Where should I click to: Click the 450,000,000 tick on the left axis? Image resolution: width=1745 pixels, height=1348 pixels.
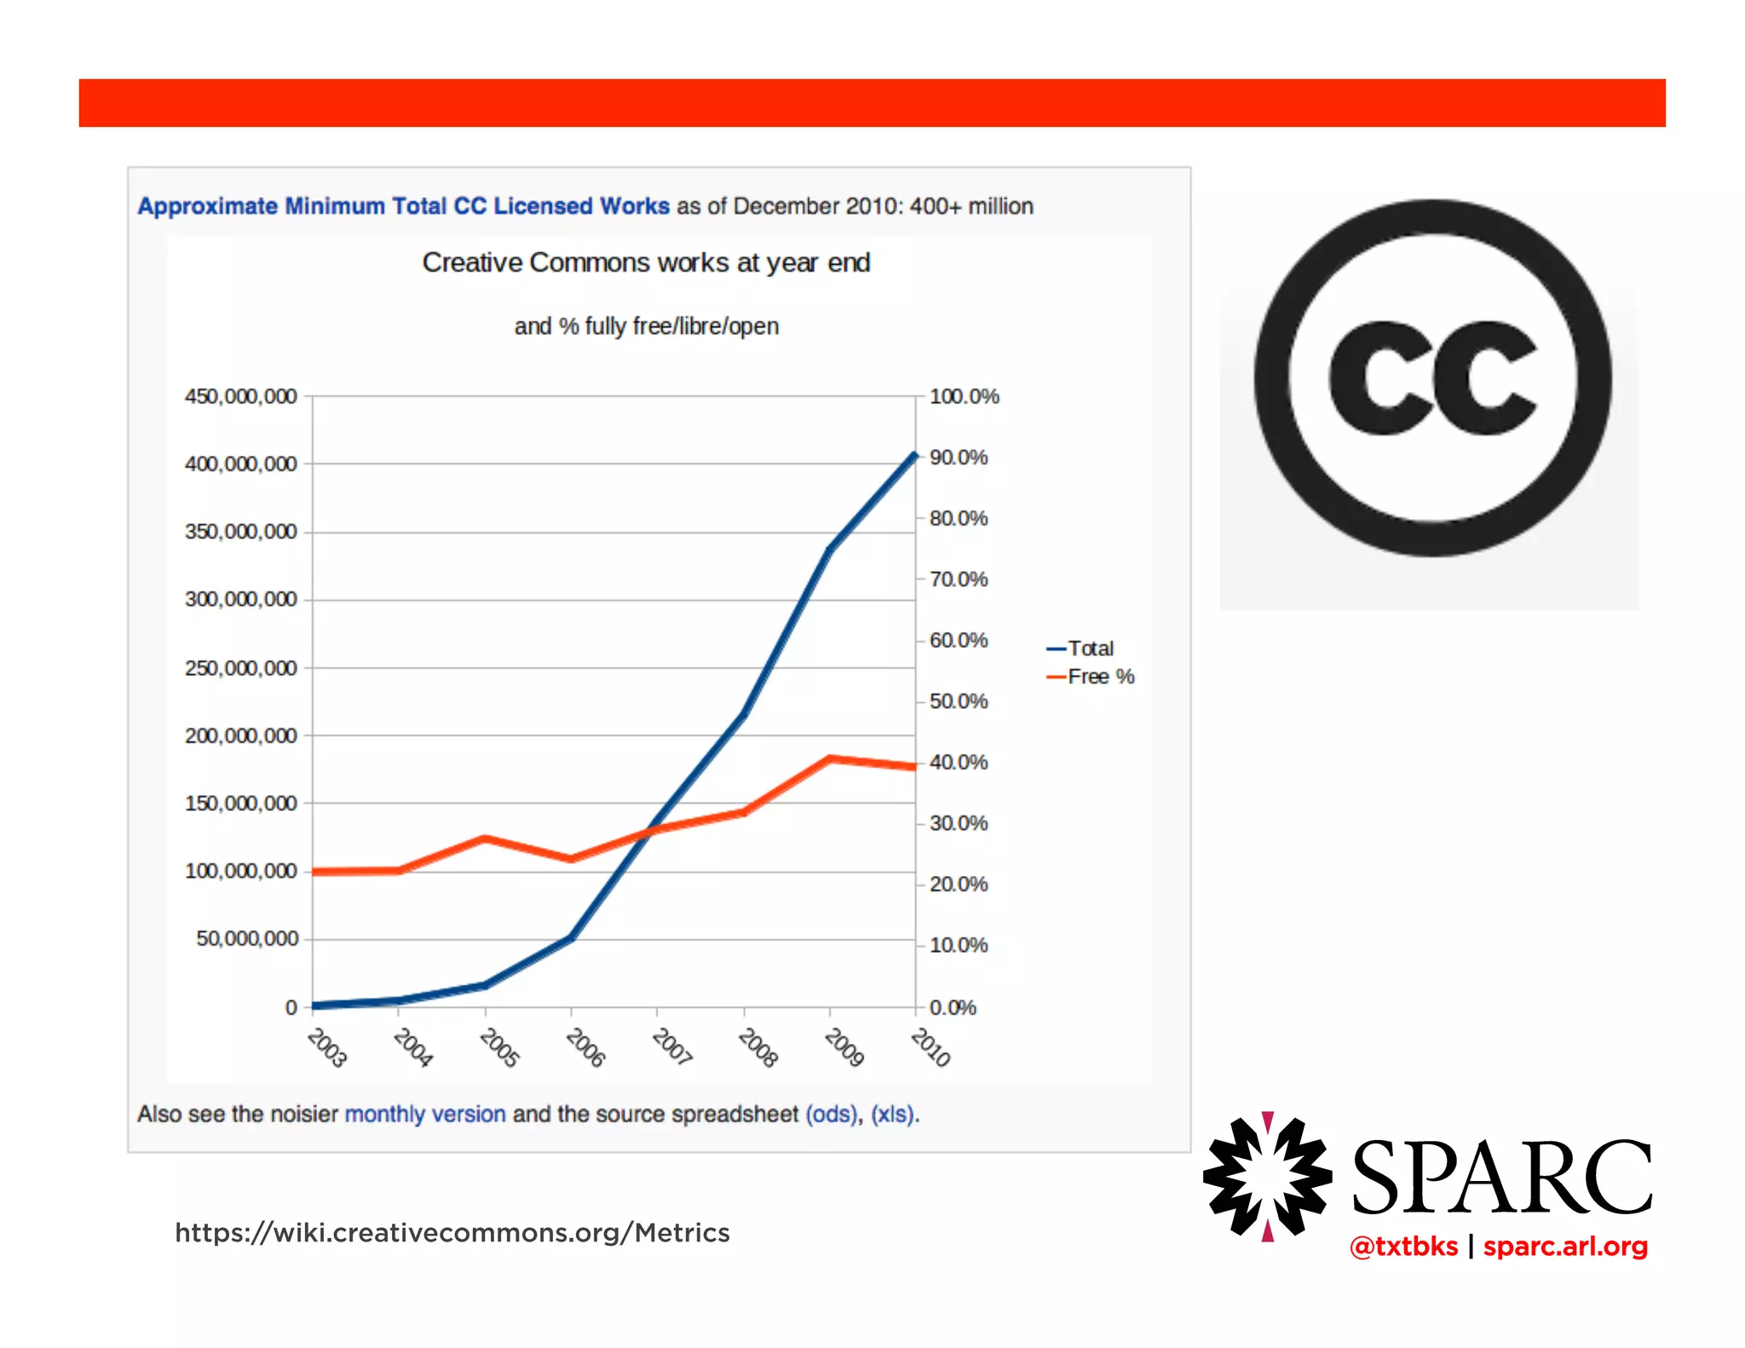pyautogui.click(x=240, y=396)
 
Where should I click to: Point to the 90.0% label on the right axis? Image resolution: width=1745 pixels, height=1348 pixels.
pyautogui.click(x=958, y=458)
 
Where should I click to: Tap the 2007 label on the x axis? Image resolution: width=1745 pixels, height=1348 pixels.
pyautogui.click(x=671, y=1046)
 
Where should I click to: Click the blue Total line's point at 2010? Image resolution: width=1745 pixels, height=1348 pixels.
pyautogui.click(x=915, y=456)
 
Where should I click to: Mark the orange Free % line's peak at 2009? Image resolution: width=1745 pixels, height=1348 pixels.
pyautogui.click(x=830, y=758)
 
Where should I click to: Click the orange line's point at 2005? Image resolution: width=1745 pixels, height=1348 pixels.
pyautogui.click(x=485, y=838)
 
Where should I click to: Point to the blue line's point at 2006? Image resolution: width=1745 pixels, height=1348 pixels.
pyautogui.click(x=571, y=937)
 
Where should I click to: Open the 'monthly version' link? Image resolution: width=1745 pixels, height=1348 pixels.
pyautogui.click(x=424, y=1114)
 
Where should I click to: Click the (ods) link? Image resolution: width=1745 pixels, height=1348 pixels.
pyautogui.click(x=831, y=1114)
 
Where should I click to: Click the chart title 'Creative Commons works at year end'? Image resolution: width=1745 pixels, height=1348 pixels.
pyautogui.click(x=646, y=262)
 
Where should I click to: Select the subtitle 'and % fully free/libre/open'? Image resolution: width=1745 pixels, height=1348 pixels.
pyautogui.click(x=646, y=326)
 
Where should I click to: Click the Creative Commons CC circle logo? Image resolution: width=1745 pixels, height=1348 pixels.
pyautogui.click(x=1432, y=378)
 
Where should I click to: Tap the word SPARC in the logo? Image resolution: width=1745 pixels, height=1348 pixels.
pyautogui.click(x=1501, y=1178)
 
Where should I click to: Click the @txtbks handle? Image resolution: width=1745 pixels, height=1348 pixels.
pyautogui.click(x=1403, y=1247)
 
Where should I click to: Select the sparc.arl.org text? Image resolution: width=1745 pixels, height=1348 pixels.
pyautogui.click(x=1565, y=1247)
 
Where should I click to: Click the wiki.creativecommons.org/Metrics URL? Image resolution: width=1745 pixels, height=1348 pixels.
pyautogui.click(x=452, y=1233)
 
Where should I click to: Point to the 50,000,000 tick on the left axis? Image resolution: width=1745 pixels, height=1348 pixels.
pyautogui.click(x=247, y=938)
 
